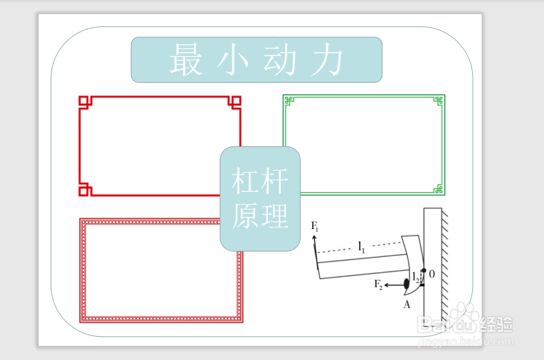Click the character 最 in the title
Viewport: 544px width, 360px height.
coord(186,60)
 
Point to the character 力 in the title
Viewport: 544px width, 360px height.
coord(326,61)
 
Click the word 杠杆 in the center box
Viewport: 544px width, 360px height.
coord(259,182)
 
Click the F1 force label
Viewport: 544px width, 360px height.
coord(315,226)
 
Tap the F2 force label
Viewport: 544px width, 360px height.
coord(378,285)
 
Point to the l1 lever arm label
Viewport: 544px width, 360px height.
coord(362,246)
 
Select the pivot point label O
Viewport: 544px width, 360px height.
coord(432,274)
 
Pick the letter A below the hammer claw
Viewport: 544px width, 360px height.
coord(407,304)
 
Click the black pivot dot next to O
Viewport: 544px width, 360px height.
coord(424,270)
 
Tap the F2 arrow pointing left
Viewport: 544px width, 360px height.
coord(394,284)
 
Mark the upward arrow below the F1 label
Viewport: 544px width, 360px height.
coord(315,244)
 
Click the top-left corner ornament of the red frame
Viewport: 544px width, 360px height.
coord(84,101)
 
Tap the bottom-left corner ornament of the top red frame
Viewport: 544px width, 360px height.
coord(85,190)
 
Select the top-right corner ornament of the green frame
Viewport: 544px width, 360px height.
coord(439,100)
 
